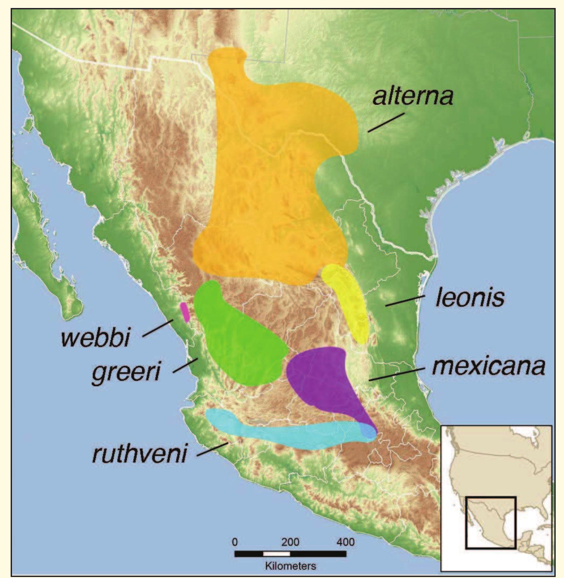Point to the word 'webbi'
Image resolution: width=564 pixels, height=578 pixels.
(x=95, y=337)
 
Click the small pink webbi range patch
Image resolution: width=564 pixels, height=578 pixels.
(x=185, y=312)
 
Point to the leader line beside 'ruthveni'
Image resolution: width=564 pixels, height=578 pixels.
(x=212, y=449)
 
